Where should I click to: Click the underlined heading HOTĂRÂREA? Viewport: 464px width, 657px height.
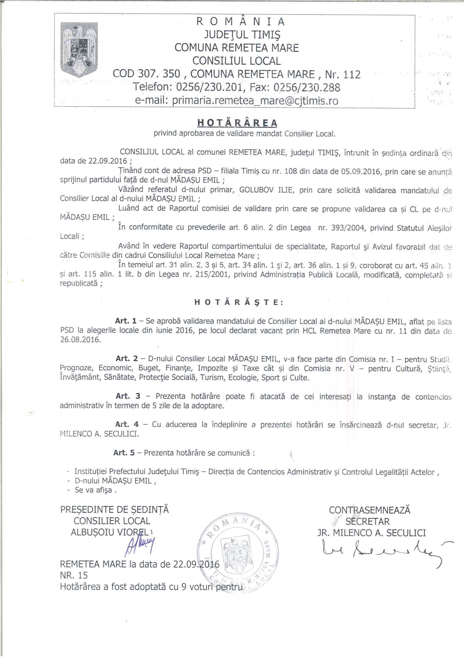tap(237, 123)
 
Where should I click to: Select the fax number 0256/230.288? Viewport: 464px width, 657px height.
tap(307, 87)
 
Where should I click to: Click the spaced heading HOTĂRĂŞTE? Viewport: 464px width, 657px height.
tap(238, 303)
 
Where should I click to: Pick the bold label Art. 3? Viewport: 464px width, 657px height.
tap(128, 396)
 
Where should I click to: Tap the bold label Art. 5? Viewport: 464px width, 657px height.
tap(124, 453)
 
